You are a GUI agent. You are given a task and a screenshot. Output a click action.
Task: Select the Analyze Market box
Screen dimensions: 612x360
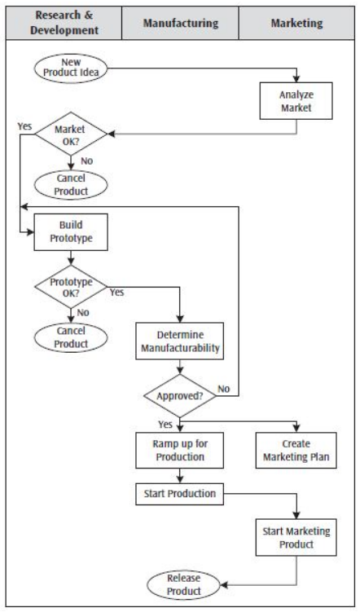[x=296, y=99]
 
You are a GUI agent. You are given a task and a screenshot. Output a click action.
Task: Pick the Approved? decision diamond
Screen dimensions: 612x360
[x=180, y=395]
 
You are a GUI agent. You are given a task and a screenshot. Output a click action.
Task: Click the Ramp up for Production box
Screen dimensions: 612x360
[x=180, y=451]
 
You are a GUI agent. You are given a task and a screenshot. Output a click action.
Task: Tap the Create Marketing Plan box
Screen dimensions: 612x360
[x=296, y=451]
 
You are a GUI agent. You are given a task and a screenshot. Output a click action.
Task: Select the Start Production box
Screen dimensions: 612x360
[x=180, y=494]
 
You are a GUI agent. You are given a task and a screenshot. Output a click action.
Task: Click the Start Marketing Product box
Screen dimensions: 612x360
[x=296, y=538]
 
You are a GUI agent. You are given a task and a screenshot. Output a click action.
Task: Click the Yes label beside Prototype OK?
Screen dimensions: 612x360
[x=117, y=292]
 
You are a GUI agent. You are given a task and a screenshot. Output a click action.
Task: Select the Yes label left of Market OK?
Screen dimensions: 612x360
[x=24, y=125]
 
